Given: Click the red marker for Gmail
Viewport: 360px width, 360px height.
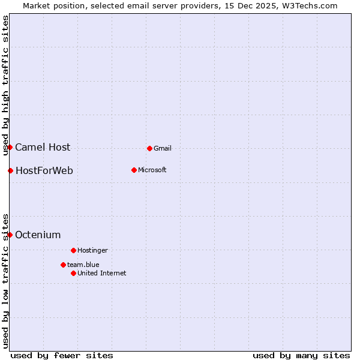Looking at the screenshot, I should coord(149,148).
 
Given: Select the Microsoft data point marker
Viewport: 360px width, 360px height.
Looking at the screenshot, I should coord(134,170).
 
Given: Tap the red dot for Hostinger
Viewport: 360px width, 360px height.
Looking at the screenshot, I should coord(73,250).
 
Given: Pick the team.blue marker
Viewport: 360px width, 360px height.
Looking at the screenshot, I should coord(63,265).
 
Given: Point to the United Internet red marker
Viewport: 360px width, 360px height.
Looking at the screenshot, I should coord(73,273).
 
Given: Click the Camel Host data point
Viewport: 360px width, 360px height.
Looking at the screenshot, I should coord(10,147).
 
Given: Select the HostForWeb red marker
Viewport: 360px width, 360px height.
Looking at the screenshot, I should coord(10,170).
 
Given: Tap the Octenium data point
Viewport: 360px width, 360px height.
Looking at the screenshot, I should coord(10,235).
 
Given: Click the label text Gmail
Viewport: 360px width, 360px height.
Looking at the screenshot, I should coord(163,148).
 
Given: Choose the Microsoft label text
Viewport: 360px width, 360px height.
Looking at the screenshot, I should coord(152,170).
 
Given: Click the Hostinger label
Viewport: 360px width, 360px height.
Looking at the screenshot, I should coord(92,250).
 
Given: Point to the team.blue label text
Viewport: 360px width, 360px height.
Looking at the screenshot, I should coord(83,265).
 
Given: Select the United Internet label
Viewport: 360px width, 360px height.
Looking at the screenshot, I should coord(102,273).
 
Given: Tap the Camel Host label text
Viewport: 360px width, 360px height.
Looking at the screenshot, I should coord(43,147).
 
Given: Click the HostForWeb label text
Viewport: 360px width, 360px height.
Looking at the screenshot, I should coord(44,170).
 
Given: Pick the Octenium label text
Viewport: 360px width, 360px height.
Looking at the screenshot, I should coord(38,235).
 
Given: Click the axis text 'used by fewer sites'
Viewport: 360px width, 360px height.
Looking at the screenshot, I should coord(62,355).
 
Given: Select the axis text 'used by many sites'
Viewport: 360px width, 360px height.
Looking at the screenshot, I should coord(301,355).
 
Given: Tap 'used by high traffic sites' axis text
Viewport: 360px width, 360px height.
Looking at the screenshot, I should coord(5,85).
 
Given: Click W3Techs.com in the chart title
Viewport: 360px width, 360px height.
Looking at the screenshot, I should coord(309,5).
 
